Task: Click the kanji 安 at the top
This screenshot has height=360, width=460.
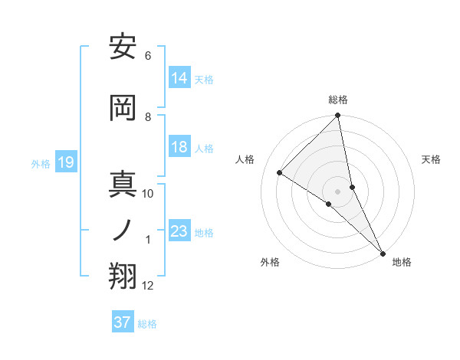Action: (x=123, y=47)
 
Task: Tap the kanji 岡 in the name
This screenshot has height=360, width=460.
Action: (x=123, y=107)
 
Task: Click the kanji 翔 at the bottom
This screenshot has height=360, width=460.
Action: (x=123, y=277)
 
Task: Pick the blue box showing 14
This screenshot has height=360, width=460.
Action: (x=179, y=78)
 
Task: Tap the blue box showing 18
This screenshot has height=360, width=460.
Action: (x=179, y=148)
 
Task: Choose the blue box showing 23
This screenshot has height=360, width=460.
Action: (x=179, y=231)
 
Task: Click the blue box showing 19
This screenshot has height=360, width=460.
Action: (x=66, y=162)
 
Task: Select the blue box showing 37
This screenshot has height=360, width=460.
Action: (x=123, y=322)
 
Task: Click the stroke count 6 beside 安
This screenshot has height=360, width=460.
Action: (x=147, y=56)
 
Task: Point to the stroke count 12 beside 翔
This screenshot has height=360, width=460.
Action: (x=148, y=286)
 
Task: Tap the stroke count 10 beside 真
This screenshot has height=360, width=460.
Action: (x=148, y=194)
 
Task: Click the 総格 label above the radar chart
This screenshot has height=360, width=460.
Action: (x=338, y=100)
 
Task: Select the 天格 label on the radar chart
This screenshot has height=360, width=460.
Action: (x=431, y=159)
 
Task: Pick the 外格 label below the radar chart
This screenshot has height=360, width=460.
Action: (x=270, y=262)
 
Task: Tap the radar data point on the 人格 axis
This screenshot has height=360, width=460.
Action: (x=280, y=172)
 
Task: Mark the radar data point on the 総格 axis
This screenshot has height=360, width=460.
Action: (x=338, y=116)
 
